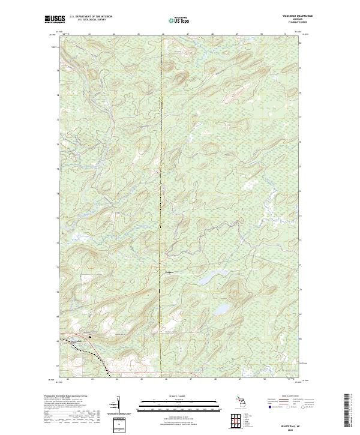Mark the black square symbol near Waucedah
coord(90,337)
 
